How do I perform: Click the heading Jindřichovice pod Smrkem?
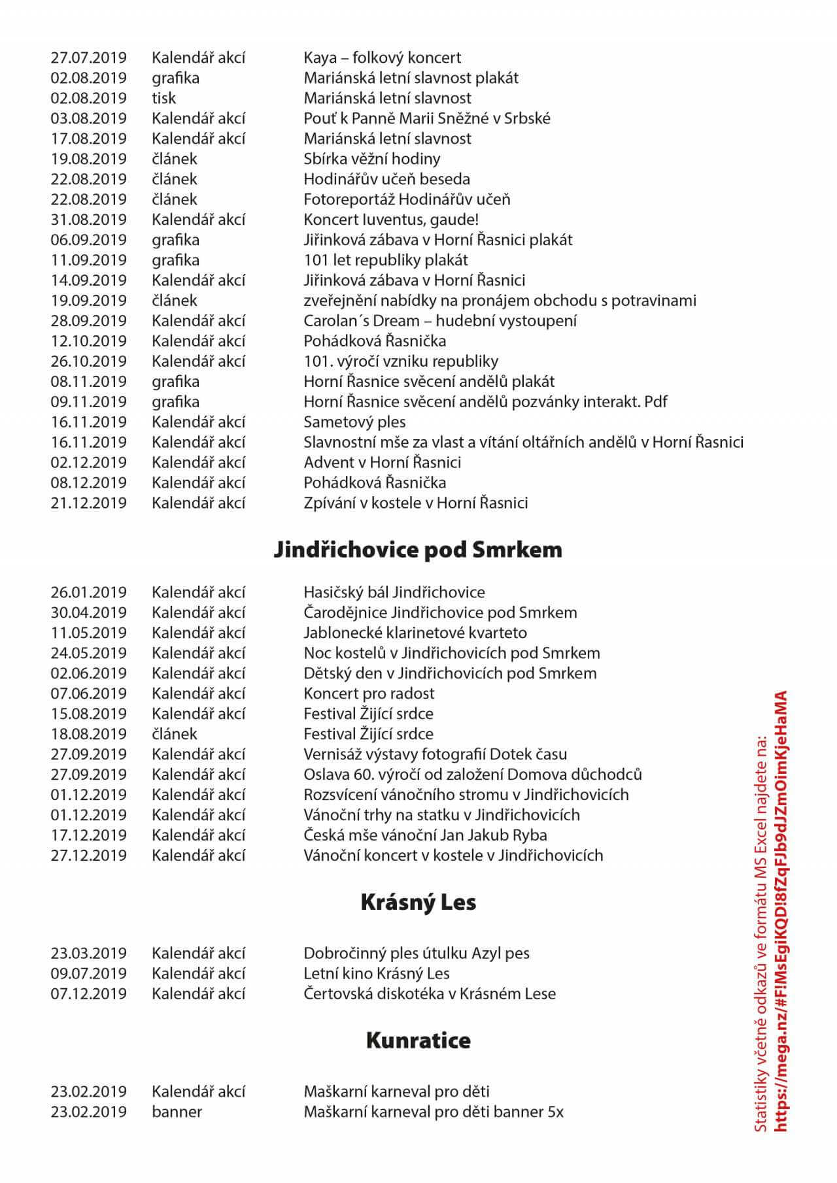click(418, 550)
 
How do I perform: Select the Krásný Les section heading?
click(418, 903)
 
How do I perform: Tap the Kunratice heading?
click(418, 1041)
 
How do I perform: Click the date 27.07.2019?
click(88, 58)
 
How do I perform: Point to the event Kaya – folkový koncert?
click(382, 58)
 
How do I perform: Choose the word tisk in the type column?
click(163, 98)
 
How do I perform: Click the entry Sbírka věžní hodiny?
click(371, 159)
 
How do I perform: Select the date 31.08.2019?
click(88, 220)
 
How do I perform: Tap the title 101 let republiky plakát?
click(386, 260)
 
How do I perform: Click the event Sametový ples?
click(354, 422)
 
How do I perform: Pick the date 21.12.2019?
click(88, 503)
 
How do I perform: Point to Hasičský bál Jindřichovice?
click(394, 593)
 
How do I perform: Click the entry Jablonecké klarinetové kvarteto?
click(415, 633)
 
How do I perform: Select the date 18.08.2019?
click(88, 735)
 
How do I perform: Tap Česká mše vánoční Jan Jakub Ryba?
click(425, 836)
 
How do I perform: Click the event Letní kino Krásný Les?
click(376, 974)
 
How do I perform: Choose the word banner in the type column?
click(177, 1112)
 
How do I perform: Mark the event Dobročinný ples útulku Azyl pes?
click(416, 954)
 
